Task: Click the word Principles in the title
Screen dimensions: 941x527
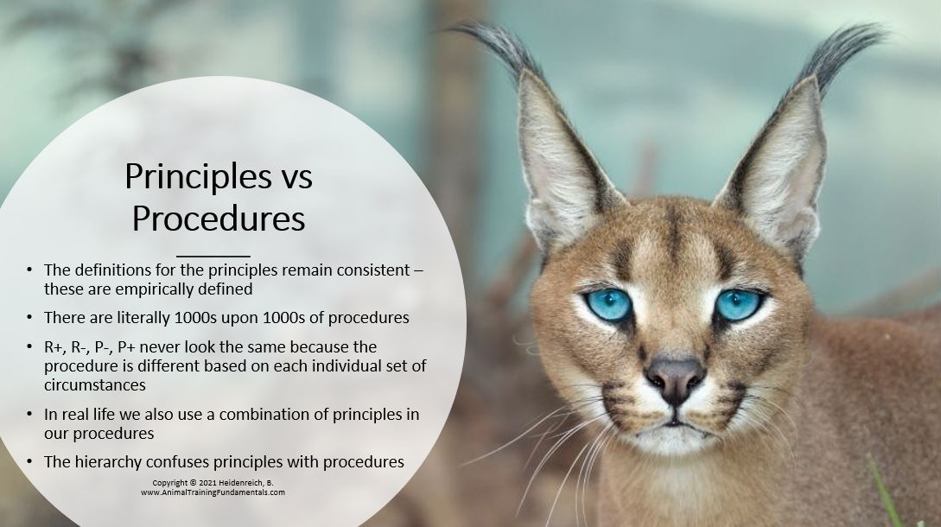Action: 198,176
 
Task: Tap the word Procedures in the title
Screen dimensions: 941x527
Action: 219,219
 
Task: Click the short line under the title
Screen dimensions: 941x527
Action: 213,257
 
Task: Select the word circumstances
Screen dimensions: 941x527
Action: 95,384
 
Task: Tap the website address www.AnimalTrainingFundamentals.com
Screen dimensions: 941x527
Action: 213,492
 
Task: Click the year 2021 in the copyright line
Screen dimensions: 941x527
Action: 207,483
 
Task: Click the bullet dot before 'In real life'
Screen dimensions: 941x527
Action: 29,414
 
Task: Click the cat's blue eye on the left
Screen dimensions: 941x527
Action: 608,304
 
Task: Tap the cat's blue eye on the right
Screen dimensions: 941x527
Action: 738,304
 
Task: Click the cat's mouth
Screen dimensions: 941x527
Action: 675,424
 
